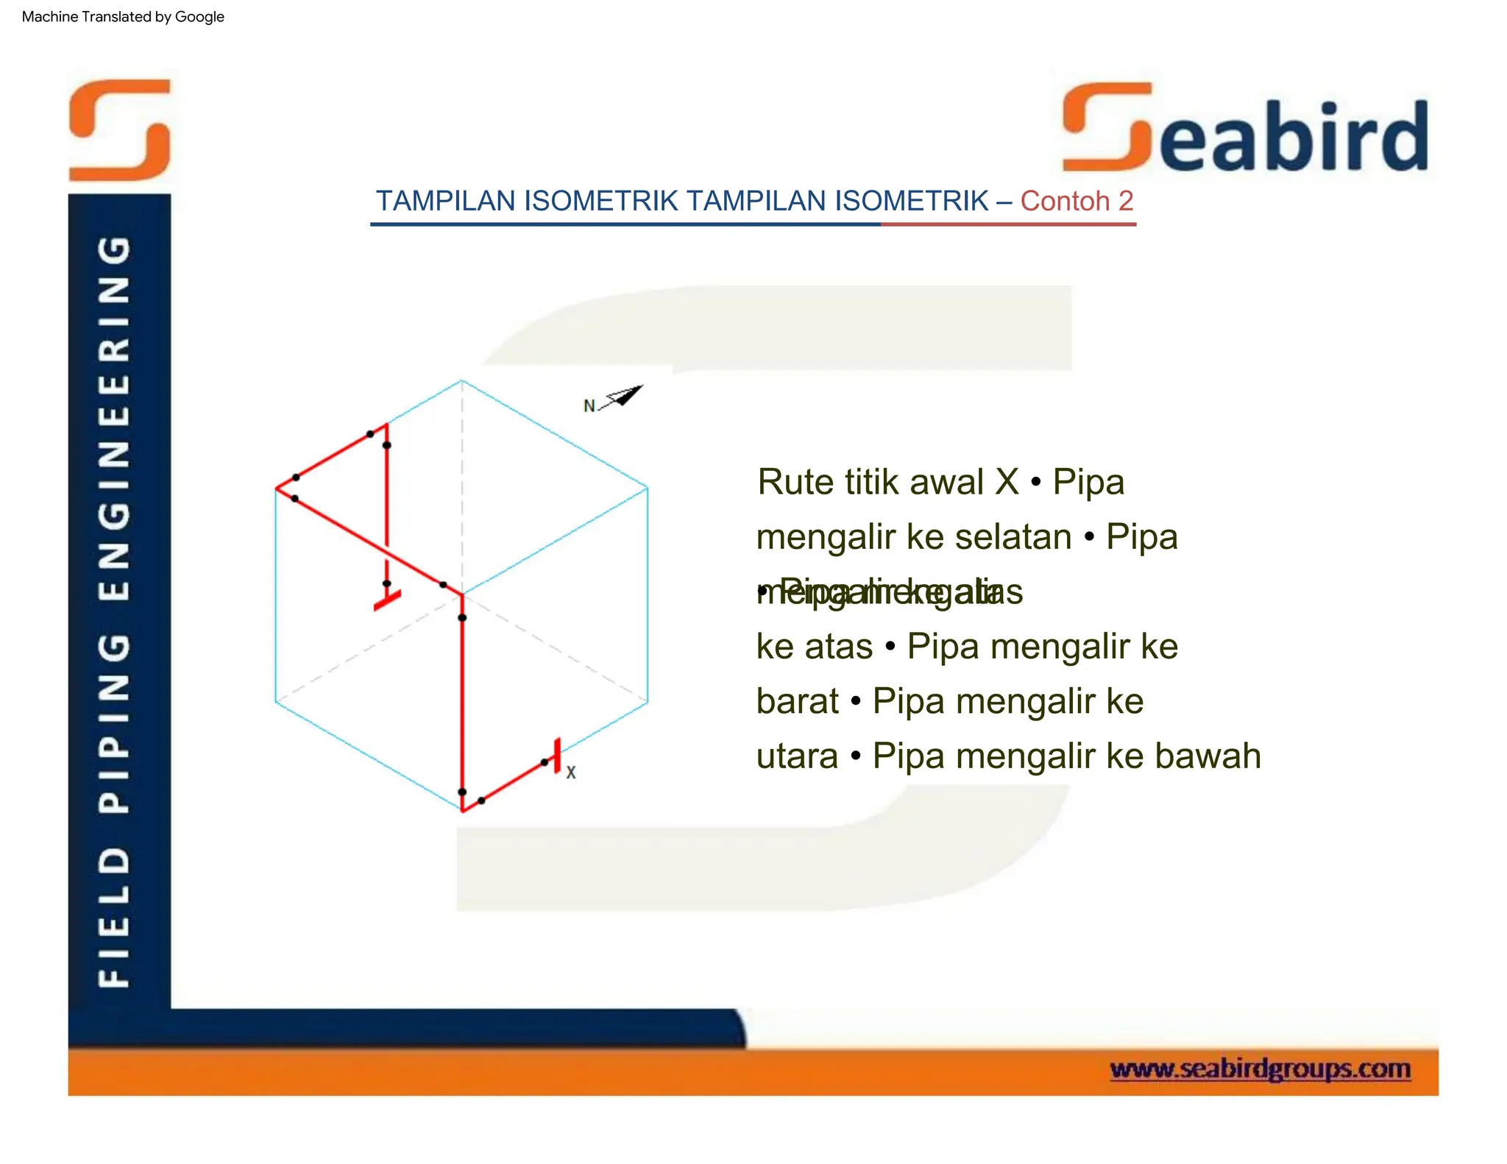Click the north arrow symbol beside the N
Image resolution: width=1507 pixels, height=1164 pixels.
pos(624,397)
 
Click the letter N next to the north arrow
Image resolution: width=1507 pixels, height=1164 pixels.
pos(589,406)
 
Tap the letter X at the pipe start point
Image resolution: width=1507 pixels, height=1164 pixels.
pos(571,773)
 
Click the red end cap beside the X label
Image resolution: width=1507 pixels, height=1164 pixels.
pos(557,756)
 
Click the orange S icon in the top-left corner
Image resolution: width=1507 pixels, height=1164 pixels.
pos(120,129)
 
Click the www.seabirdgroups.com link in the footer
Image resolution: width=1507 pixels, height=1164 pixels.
pos(1260,1068)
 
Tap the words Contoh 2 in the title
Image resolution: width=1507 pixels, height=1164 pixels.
pos(1076,201)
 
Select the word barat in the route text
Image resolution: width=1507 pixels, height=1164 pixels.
pos(797,700)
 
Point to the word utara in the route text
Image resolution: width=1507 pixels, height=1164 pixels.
pos(797,756)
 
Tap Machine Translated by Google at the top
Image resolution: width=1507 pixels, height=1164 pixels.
pos(123,16)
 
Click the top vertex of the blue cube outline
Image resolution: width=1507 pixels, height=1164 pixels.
pos(462,380)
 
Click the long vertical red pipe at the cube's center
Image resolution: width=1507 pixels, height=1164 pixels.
pos(462,699)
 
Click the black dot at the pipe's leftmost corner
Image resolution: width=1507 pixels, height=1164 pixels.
pos(295,478)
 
